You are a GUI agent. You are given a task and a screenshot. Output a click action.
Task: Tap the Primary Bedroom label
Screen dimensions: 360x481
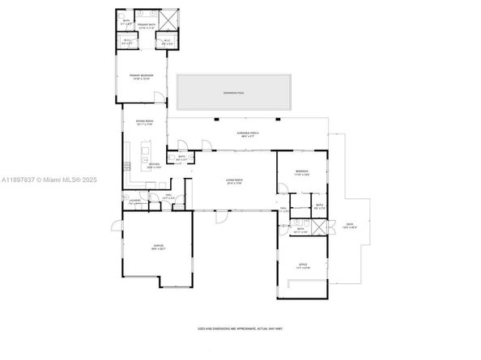click(143, 76)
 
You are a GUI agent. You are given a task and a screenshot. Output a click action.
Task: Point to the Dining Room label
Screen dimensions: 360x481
click(145, 122)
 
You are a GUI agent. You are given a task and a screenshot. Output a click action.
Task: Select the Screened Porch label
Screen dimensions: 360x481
click(248, 134)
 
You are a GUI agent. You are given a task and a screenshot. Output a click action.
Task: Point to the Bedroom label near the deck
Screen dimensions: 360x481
click(301, 173)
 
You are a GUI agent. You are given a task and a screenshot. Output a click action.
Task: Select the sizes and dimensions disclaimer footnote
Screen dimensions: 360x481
click(240, 328)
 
